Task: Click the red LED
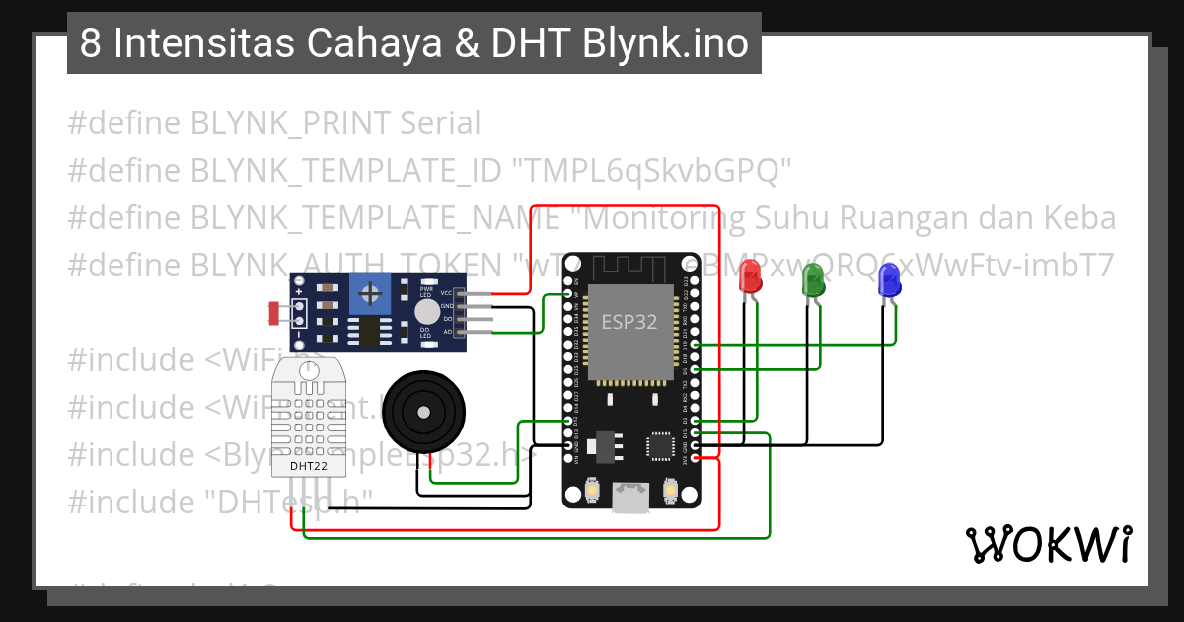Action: pyautogui.click(x=751, y=276)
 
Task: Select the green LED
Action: pyautogui.click(x=814, y=281)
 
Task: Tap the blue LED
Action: pyautogui.click(x=889, y=283)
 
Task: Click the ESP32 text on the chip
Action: pyautogui.click(x=629, y=323)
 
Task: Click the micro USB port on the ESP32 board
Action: pyautogui.click(x=629, y=499)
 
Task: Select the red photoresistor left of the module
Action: pyautogui.click(x=272, y=314)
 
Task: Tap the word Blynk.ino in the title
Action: pyautogui.click(x=665, y=44)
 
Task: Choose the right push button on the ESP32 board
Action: pyautogui.click(x=669, y=490)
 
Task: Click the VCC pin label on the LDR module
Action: pyautogui.click(x=446, y=293)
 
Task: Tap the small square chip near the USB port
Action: pyautogui.click(x=658, y=446)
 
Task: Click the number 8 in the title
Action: pyautogui.click(x=89, y=44)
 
